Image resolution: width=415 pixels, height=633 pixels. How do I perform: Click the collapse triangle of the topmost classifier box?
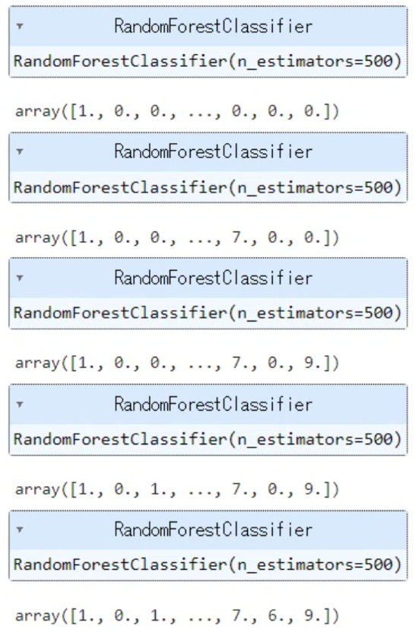click(19, 26)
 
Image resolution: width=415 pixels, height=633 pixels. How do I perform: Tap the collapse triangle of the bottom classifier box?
click(19, 530)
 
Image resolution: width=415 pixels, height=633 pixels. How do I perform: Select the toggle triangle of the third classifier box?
click(19, 278)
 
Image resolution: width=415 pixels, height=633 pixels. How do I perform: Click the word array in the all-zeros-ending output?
click(38, 110)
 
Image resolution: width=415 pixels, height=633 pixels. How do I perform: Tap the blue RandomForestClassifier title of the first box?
click(214, 26)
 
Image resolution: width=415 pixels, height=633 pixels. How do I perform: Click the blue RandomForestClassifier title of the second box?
click(214, 152)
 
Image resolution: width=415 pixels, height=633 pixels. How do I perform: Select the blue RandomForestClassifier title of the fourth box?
click(214, 404)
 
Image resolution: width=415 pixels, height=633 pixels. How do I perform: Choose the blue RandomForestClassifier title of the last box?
click(214, 530)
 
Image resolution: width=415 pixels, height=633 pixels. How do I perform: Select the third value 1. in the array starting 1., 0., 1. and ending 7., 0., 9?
click(157, 489)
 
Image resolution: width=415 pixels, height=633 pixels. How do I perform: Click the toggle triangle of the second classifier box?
click(19, 152)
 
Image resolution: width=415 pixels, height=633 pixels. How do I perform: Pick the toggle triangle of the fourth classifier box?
click(19, 404)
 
